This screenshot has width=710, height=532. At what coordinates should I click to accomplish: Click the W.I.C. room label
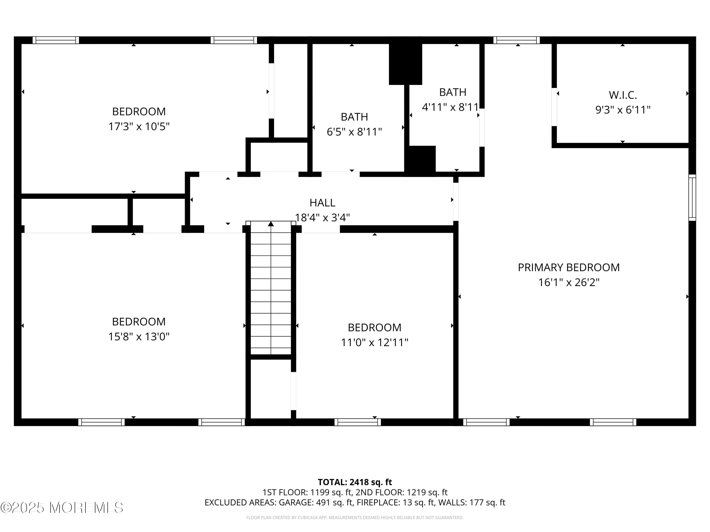[622, 95]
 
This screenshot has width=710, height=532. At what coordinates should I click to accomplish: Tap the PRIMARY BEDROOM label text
[568, 267]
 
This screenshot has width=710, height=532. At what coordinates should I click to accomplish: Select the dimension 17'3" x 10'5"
[139, 126]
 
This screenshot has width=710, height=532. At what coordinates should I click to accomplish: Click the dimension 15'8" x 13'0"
[139, 336]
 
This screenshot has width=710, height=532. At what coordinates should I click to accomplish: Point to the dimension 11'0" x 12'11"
[374, 342]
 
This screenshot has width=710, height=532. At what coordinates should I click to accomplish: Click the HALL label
[322, 203]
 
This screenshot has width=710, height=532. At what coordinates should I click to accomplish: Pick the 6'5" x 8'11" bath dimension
[354, 132]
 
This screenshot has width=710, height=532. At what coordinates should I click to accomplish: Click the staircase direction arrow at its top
[271, 224]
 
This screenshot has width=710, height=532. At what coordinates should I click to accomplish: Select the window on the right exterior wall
[692, 197]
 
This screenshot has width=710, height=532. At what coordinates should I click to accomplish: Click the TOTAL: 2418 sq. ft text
[355, 482]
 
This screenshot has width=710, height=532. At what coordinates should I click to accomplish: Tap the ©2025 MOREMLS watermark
[62, 508]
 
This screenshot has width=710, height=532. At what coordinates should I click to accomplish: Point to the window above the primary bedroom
[516, 40]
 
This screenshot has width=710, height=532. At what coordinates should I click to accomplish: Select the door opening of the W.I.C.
[554, 107]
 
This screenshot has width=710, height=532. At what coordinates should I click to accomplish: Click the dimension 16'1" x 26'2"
[568, 282]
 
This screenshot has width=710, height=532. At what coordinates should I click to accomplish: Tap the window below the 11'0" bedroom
[358, 422]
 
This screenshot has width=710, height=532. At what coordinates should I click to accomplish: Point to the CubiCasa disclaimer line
[355, 517]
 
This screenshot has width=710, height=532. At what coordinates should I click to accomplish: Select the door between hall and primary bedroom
[456, 202]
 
